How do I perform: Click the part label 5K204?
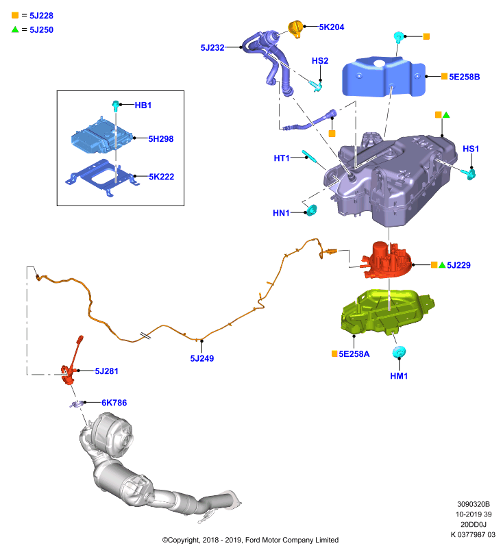tap(332, 27)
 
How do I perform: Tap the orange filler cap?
tap(295, 29)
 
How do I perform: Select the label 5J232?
tap(212, 47)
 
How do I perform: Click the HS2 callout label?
tap(320, 61)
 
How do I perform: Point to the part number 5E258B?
tap(464, 77)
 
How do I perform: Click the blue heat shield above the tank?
tap(384, 77)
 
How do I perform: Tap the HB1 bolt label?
tap(143, 105)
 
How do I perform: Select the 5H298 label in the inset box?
tap(161, 139)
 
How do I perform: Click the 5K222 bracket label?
tap(162, 177)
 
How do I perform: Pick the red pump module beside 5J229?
tap(387, 260)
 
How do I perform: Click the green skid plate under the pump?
tap(387, 311)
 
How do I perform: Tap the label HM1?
tap(399, 376)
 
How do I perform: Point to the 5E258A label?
tap(354, 354)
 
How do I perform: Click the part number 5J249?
tap(201, 358)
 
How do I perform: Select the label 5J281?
tap(107, 371)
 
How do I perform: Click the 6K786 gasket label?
tap(114, 403)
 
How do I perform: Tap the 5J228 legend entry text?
tap(41, 16)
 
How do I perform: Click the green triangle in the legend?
tap(15, 29)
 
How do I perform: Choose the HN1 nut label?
tap(281, 213)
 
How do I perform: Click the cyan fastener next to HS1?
tap(470, 174)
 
